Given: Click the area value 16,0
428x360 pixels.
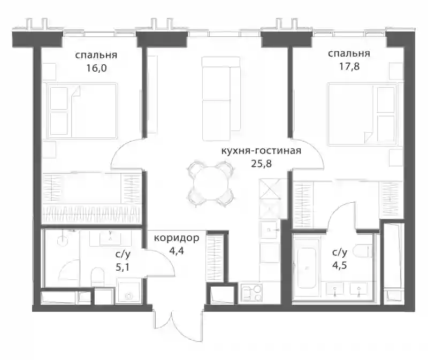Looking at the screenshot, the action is (96, 68).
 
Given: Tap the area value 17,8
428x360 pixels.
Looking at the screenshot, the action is (349, 66).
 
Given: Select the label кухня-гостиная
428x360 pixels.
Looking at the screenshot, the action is (261, 151).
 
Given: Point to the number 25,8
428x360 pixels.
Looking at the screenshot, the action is (261, 164).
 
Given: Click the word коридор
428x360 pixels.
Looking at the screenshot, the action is (177, 238).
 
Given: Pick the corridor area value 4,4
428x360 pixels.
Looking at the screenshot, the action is (177, 250).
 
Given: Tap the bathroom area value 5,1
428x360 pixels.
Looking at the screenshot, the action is (123, 267).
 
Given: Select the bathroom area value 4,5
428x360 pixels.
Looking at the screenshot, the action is (340, 265).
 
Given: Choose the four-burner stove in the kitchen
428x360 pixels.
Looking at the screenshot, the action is (251, 293).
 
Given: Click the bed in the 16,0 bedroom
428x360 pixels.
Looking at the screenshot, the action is (82, 111).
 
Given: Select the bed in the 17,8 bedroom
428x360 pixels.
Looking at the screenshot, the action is (362, 114).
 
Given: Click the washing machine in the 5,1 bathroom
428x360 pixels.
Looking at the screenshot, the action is (128, 291).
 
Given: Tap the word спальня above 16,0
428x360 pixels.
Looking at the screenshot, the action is (96, 55).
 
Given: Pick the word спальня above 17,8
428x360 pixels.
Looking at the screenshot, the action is (349, 53).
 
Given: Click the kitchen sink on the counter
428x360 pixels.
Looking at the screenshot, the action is (269, 230).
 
